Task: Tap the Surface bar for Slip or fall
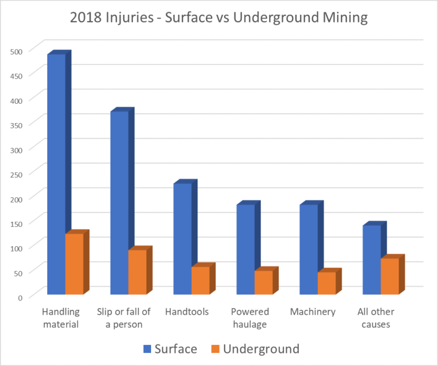(x=119, y=202)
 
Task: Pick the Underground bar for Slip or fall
(x=137, y=272)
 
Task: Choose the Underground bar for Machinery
(x=327, y=283)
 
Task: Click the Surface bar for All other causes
(x=371, y=259)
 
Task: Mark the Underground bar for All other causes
(x=390, y=276)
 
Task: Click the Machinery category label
(x=313, y=312)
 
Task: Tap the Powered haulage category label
(x=250, y=318)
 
